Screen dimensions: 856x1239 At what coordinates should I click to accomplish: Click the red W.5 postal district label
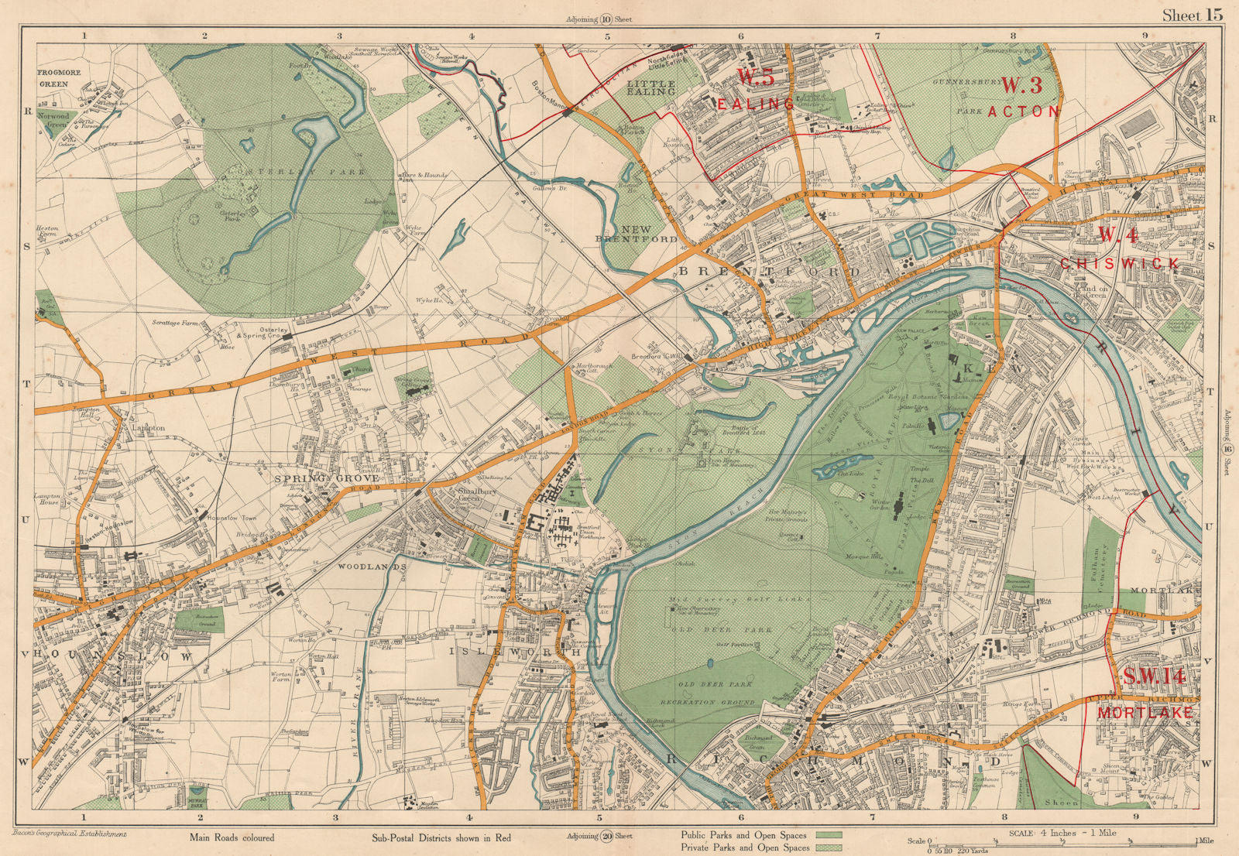coord(755,77)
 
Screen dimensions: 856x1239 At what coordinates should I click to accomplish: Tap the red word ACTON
coord(1024,111)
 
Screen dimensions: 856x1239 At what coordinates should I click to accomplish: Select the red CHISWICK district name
coord(1119,263)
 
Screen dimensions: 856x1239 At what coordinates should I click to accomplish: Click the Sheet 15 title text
coord(1192,15)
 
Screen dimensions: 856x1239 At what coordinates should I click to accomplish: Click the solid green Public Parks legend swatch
coord(829,835)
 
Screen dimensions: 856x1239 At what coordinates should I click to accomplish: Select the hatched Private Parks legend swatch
coord(829,847)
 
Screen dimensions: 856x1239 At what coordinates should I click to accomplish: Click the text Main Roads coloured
coord(232,837)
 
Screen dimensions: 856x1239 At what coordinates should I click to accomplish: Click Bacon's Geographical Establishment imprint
coord(70,834)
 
